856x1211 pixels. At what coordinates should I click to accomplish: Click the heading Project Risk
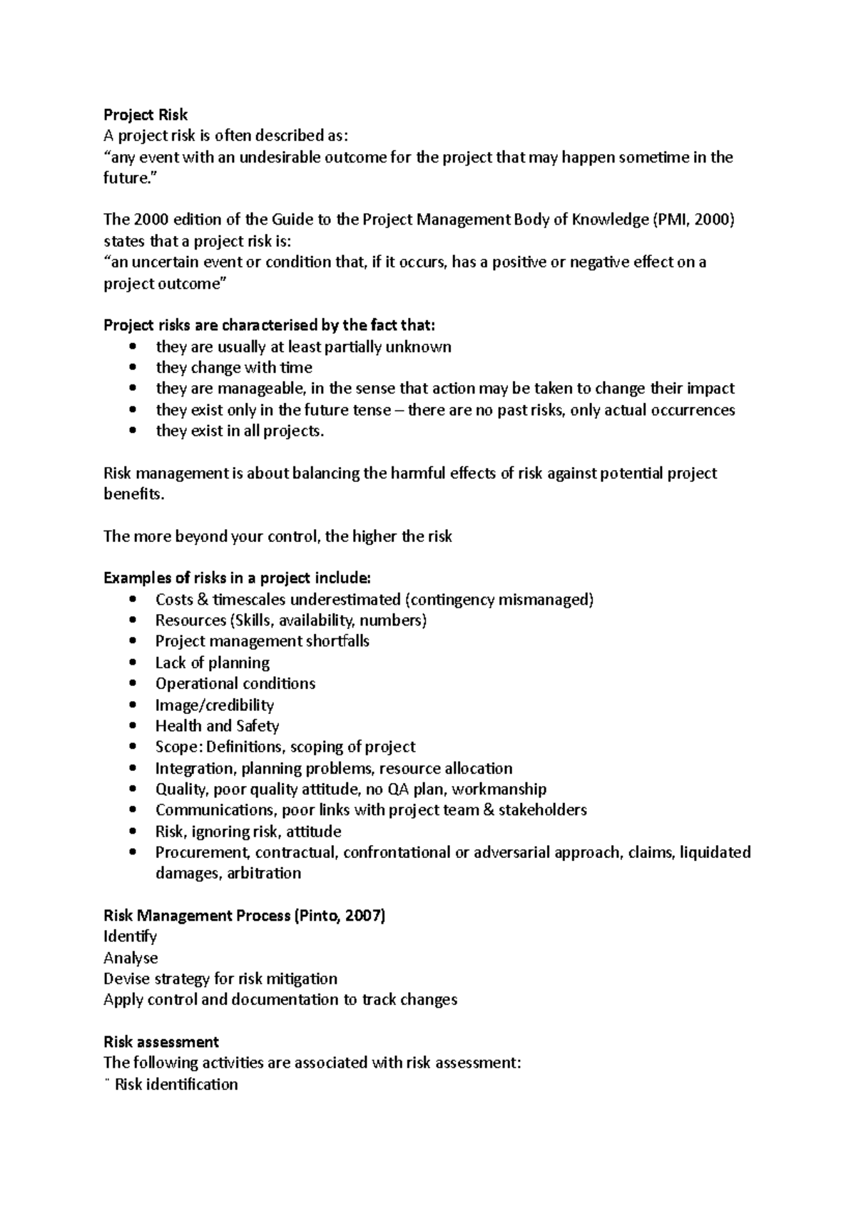146,115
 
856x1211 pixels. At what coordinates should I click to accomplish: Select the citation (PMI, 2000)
693,220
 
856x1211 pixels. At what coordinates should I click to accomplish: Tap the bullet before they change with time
132,368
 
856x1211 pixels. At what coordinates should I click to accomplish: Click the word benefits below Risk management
133,494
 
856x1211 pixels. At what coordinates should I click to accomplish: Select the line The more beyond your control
277,536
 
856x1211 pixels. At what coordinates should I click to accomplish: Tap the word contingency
452,599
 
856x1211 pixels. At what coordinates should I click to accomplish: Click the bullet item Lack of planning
213,663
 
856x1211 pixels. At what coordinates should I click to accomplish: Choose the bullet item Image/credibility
215,705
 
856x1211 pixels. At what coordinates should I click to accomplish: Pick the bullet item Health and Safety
217,726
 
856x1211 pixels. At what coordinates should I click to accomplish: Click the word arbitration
264,873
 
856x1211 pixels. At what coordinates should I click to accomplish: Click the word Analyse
131,958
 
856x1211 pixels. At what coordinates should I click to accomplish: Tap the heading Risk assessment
161,1041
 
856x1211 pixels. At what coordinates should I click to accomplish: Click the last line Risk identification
175,1084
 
